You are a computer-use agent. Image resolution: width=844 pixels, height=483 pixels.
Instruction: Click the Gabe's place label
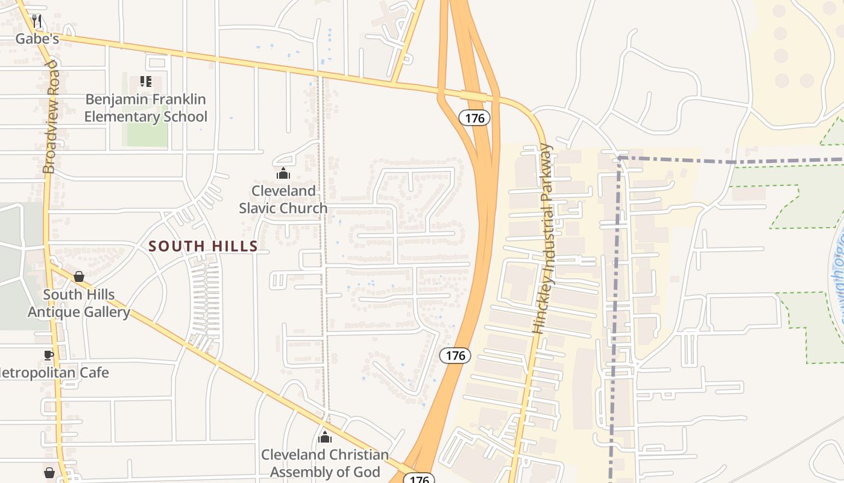tap(36, 39)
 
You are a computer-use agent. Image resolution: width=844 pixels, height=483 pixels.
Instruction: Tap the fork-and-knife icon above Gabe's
tap(37, 22)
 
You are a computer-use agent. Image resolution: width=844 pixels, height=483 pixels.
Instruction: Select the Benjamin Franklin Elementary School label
tap(145, 108)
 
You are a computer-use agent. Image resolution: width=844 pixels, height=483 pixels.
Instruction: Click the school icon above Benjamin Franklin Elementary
tap(145, 81)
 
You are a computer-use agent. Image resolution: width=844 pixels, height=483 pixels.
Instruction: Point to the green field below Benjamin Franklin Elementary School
tap(147, 135)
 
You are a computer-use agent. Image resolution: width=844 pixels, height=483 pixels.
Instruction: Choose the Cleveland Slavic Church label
tap(283, 199)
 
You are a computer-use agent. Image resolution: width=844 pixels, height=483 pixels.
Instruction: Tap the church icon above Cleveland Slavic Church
tap(283, 174)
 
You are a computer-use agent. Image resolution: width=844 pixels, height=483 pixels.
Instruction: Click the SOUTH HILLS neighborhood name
tap(203, 246)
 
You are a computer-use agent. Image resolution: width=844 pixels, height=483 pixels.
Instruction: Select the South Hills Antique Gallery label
tap(78, 303)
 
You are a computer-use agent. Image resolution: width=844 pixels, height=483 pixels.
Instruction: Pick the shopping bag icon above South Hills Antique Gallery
tap(79, 277)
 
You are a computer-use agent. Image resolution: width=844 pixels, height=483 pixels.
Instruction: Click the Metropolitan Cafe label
tap(53, 373)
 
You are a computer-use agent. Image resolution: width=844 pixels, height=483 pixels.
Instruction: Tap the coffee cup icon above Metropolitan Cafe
tap(49, 355)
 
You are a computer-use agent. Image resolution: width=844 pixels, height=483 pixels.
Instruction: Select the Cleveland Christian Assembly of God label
tap(325, 463)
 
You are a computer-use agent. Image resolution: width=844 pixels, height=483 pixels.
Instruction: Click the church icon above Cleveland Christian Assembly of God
tap(325, 437)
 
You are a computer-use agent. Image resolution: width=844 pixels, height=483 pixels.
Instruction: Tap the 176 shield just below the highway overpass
tap(474, 118)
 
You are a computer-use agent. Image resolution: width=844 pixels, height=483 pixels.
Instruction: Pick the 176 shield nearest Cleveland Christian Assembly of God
tap(418, 479)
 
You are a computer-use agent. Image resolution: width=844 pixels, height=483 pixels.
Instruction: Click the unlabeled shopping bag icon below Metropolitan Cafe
tap(49, 472)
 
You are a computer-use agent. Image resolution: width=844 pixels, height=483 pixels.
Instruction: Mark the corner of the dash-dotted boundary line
tap(619, 159)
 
